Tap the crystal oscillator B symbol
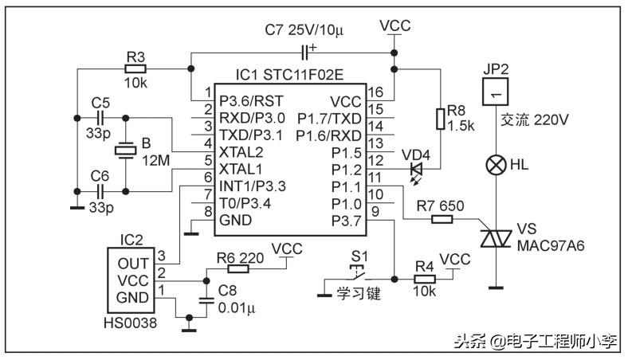click(126, 151)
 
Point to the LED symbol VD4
click(416, 169)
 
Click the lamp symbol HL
click(496, 166)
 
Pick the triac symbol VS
click(496, 237)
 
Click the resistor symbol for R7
click(442, 218)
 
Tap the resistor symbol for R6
click(237, 268)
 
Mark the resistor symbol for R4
click(425, 280)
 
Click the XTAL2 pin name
click(240, 151)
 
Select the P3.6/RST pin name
click(251, 101)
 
